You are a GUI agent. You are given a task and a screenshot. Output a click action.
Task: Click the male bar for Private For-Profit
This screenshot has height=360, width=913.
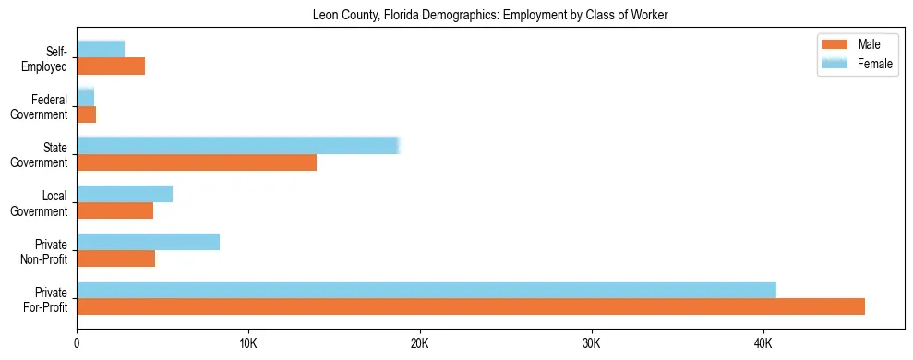point(471,306)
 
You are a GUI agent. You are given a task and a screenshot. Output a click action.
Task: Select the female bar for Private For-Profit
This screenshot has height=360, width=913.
point(426,290)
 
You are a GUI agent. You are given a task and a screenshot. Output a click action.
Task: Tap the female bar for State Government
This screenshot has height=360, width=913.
point(237,146)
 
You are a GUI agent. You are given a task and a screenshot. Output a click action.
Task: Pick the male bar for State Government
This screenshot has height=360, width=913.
point(197,162)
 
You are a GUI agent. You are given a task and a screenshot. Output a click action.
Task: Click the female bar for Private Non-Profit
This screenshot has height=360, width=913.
point(148,242)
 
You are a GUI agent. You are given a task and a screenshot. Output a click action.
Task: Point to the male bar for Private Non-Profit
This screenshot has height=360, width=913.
point(115,258)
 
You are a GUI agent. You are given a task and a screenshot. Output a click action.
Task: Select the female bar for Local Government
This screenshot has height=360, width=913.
point(125,194)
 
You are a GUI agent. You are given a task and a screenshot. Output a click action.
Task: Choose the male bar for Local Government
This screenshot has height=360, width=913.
point(114,210)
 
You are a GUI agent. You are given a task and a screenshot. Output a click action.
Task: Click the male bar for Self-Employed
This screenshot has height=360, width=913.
point(111,66)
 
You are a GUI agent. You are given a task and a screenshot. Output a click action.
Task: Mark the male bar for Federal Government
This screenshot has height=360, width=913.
point(86,114)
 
